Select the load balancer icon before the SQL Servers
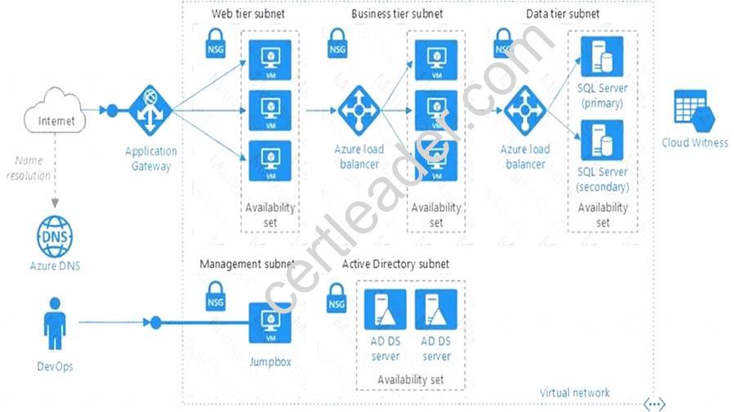523,110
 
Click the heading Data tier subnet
563,14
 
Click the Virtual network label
574,393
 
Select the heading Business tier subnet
397,14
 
